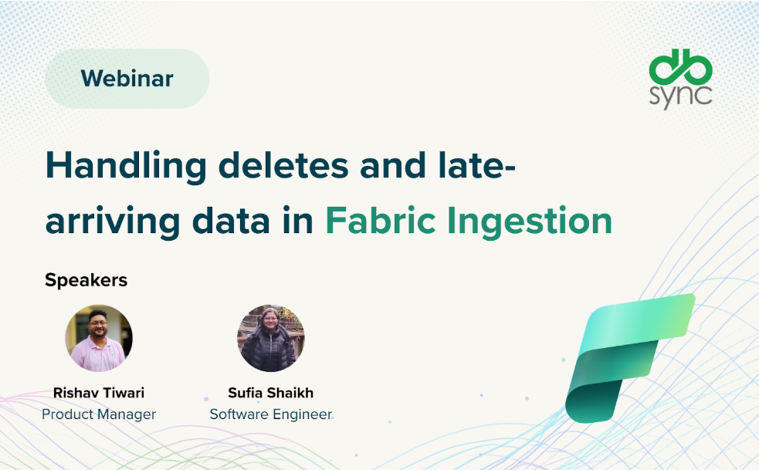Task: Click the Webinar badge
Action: [x=127, y=78]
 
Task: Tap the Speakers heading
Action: [x=86, y=280]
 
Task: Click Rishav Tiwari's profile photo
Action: [x=99, y=338]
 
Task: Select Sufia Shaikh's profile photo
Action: [x=271, y=338]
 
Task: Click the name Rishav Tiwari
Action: [x=99, y=393]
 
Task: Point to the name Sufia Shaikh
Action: [x=271, y=393]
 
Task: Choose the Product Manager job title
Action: [x=99, y=414]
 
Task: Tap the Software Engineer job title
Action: [x=271, y=414]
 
